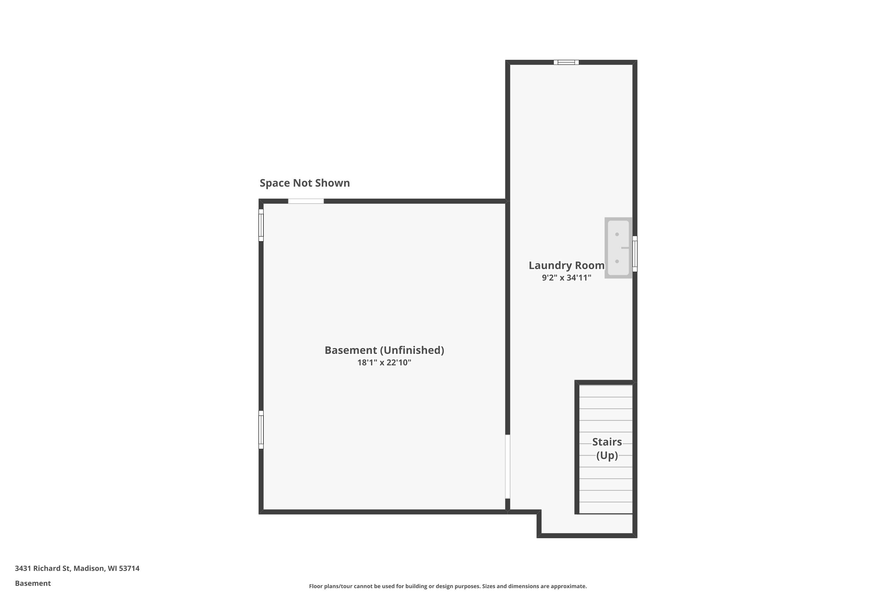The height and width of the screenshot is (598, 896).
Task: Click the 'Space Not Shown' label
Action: pyautogui.click(x=304, y=183)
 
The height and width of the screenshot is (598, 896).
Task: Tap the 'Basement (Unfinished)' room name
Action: pyautogui.click(x=384, y=350)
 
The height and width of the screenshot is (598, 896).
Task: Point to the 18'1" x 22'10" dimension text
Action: pyautogui.click(x=384, y=363)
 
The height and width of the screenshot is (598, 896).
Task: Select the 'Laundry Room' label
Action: pyautogui.click(x=566, y=266)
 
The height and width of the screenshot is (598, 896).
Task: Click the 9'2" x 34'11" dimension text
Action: pyautogui.click(x=566, y=278)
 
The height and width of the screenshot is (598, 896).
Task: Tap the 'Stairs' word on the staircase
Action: pyautogui.click(x=607, y=442)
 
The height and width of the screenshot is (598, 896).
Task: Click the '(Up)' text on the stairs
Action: pyautogui.click(x=607, y=455)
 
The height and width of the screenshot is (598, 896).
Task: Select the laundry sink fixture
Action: pyautogui.click(x=618, y=248)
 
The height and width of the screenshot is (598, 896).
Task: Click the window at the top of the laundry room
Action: pyautogui.click(x=566, y=62)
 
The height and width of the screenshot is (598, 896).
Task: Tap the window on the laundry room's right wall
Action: pyautogui.click(x=635, y=254)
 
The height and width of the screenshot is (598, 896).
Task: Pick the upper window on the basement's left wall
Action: pyautogui.click(x=261, y=225)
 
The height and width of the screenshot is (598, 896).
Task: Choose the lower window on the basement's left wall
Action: pyautogui.click(x=261, y=430)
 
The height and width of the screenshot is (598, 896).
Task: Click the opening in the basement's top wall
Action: pyautogui.click(x=306, y=201)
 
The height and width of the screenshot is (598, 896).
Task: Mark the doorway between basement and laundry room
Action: pyautogui.click(x=507, y=466)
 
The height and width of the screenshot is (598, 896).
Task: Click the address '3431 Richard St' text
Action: pyautogui.click(x=42, y=568)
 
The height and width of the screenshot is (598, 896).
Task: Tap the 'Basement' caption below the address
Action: pyautogui.click(x=33, y=583)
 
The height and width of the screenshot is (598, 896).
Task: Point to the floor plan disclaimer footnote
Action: pyautogui.click(x=448, y=586)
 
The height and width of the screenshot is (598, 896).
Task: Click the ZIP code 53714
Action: pyautogui.click(x=129, y=568)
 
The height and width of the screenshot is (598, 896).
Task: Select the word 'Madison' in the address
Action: pyautogui.click(x=89, y=568)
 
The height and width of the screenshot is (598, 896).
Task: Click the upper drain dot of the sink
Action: pyautogui.click(x=617, y=234)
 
